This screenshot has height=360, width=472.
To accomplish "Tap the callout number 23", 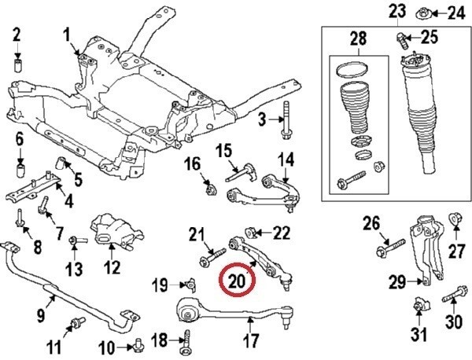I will (x=396, y=11).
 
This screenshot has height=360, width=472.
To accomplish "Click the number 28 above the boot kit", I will (x=359, y=39).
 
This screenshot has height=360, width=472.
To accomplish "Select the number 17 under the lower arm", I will (x=251, y=341).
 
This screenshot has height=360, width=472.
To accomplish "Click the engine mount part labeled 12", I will (x=112, y=230).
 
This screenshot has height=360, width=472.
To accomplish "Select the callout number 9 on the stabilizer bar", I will (x=40, y=316).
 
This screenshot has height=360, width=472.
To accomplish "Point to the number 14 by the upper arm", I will (x=286, y=160).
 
